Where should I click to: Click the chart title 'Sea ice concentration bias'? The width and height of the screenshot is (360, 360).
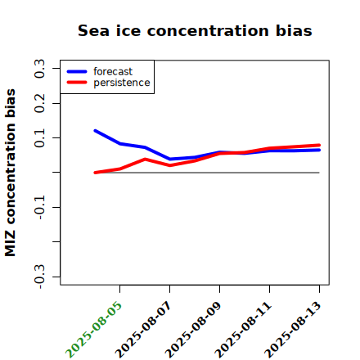point(195,30)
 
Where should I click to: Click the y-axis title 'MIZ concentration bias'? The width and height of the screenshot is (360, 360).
point(10,173)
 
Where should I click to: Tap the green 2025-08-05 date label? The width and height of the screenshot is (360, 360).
point(93,330)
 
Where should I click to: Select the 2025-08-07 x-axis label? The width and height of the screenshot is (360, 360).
point(143,330)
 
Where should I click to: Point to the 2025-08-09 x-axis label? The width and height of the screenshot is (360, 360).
point(193,330)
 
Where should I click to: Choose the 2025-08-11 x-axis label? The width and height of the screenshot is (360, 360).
point(243,330)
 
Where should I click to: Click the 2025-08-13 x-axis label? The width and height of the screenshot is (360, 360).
point(293,330)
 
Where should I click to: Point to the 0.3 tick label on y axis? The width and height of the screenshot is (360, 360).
point(39,69)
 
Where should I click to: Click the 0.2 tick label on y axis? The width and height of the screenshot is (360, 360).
point(39,103)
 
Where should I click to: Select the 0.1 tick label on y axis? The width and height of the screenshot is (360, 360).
point(39,138)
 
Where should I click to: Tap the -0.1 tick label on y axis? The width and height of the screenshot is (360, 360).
point(39,208)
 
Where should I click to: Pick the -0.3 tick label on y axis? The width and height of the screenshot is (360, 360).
point(39,277)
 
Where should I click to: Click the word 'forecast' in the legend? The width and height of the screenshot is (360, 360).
point(113,71)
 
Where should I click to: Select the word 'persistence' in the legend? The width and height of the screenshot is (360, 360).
point(122,83)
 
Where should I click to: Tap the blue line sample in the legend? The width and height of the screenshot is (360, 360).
point(77,71)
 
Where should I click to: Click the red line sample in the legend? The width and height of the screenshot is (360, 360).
point(77,83)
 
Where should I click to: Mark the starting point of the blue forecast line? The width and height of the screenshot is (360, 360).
point(95,131)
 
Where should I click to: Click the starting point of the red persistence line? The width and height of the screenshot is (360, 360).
point(95,173)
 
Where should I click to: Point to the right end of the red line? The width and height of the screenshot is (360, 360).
point(319,146)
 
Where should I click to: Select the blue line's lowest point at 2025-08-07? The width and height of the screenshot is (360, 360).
point(170,159)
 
